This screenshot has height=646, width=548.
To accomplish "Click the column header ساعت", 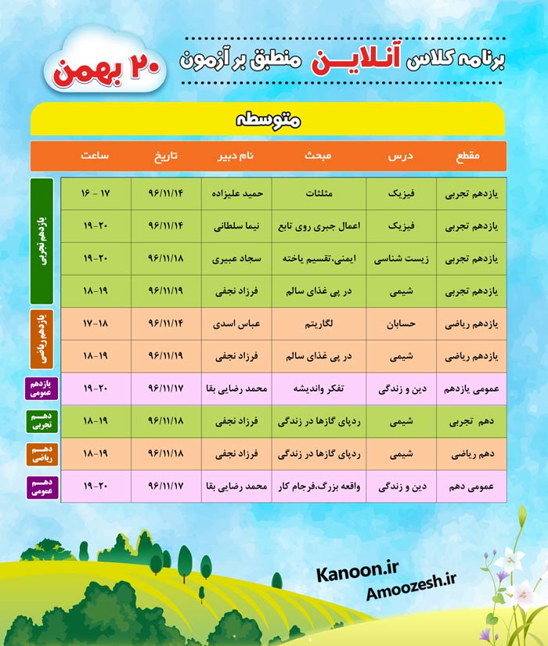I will coord(94,156).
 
